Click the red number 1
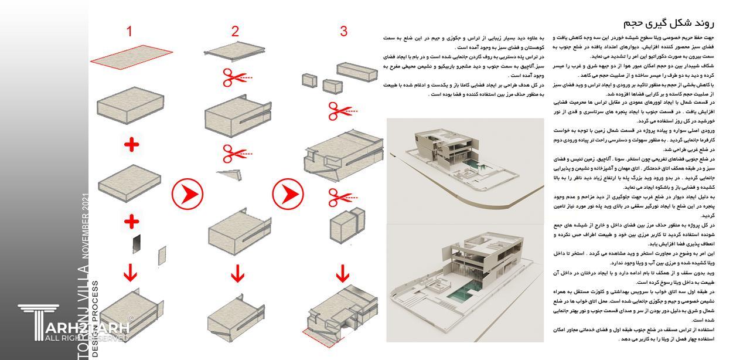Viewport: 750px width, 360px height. (x=129, y=32)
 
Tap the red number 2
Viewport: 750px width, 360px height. (x=235, y=32)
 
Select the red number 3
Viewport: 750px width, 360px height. (x=343, y=32)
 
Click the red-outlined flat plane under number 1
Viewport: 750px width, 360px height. (x=131, y=55)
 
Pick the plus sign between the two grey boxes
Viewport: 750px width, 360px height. (x=131, y=144)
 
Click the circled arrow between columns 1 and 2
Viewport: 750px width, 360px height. (x=187, y=193)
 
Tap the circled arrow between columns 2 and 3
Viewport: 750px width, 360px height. (x=288, y=193)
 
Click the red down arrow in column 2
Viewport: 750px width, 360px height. (x=237, y=273)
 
